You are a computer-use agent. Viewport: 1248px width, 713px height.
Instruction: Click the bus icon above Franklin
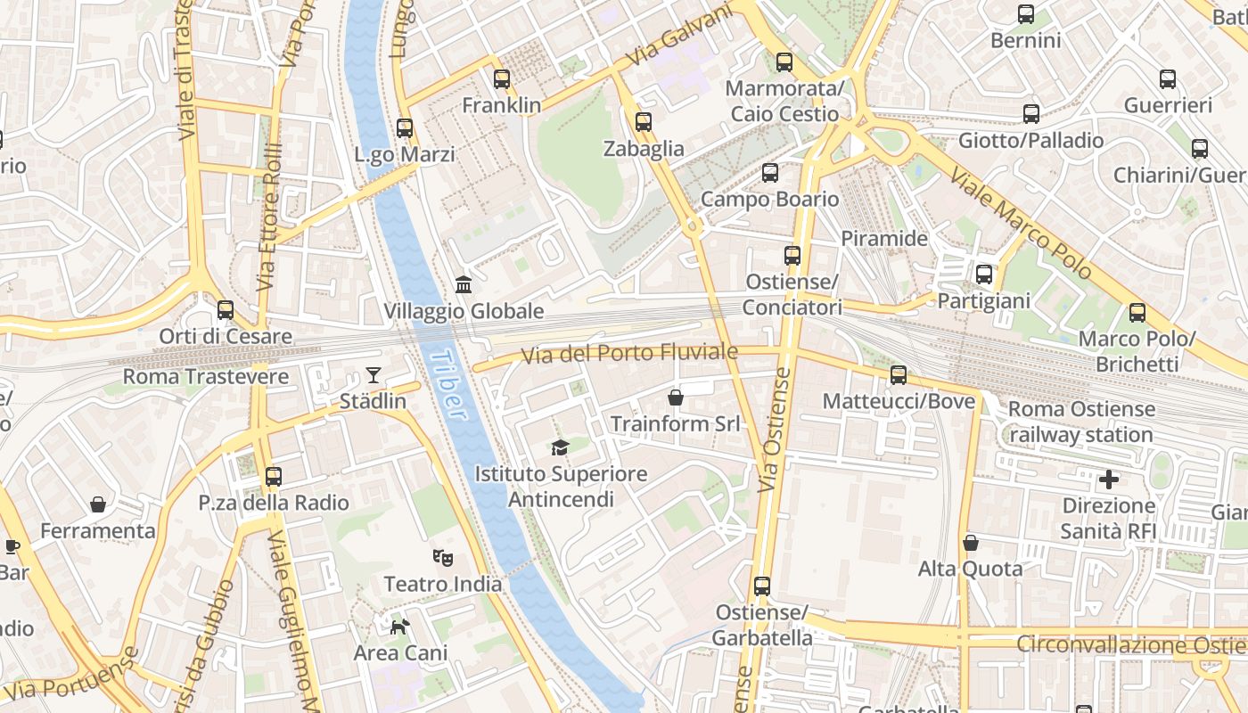coord(502,79)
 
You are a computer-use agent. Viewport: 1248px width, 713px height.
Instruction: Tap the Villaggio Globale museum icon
coord(464,285)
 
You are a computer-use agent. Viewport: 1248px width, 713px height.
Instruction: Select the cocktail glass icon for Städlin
coord(373,375)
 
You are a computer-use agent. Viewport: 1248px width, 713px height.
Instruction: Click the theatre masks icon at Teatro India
coord(442,558)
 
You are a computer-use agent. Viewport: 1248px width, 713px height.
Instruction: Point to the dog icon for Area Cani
coord(400,627)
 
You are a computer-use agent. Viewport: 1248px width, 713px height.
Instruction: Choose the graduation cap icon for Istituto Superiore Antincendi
coord(560,447)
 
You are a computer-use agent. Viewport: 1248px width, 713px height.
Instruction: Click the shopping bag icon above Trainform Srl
coord(676,397)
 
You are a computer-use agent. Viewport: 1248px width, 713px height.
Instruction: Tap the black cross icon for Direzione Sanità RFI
coord(1108,480)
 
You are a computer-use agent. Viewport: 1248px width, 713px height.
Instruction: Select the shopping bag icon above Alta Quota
coord(971,543)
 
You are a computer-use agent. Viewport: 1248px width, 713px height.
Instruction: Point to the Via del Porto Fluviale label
coord(629,354)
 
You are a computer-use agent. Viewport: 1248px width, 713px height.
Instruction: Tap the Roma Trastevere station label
coord(206,376)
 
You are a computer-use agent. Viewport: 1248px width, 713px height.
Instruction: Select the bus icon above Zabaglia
coord(643,122)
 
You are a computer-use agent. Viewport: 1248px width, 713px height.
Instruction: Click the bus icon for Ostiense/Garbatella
coord(761,586)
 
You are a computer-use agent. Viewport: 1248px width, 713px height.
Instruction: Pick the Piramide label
coord(884,239)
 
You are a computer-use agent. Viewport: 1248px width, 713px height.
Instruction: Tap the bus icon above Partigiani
coord(983,275)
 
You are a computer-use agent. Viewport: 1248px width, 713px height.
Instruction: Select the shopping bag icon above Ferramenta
coord(98,504)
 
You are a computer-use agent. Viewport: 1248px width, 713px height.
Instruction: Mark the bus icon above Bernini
coord(1026,14)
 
